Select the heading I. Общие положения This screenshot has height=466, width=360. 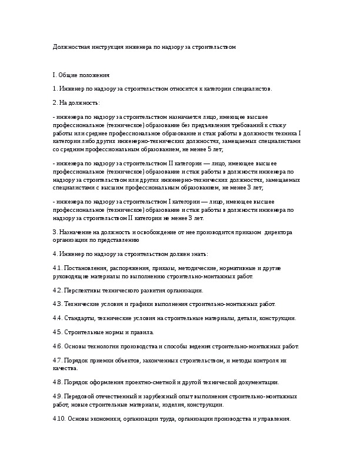tap(81, 75)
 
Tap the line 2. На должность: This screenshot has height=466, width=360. tap(76, 102)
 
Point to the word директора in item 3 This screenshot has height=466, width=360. tap(266, 232)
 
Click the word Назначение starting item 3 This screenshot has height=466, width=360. tap(75, 232)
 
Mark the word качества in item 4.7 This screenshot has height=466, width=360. tap(64, 368)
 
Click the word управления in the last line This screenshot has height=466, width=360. tap(275, 419)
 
